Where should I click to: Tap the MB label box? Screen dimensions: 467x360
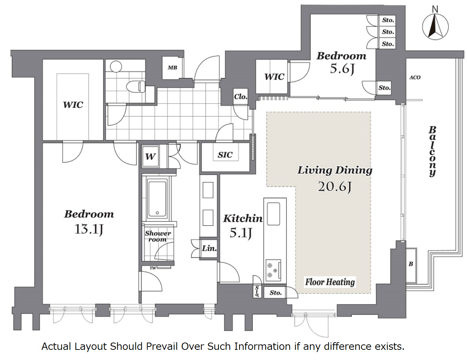172,68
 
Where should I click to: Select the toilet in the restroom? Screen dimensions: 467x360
135,86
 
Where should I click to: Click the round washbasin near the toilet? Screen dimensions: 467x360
116,66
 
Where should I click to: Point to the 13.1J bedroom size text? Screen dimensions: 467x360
89,229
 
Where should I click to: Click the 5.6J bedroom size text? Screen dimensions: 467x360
342,69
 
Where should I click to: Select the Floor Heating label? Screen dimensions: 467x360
330,282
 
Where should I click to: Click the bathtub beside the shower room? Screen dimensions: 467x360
158,199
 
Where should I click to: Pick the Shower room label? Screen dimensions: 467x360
158,236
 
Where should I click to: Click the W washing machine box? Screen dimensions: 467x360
150,157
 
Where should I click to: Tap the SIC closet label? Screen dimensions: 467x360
225,155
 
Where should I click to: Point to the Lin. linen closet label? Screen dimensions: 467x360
209,248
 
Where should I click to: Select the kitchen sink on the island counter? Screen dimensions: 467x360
273,214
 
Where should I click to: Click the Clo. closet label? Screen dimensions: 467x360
241,97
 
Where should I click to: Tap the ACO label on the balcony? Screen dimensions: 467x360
415,77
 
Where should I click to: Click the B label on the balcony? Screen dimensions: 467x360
411,264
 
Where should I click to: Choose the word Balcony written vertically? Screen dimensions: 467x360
433,151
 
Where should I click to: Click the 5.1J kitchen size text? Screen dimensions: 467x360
240,233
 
